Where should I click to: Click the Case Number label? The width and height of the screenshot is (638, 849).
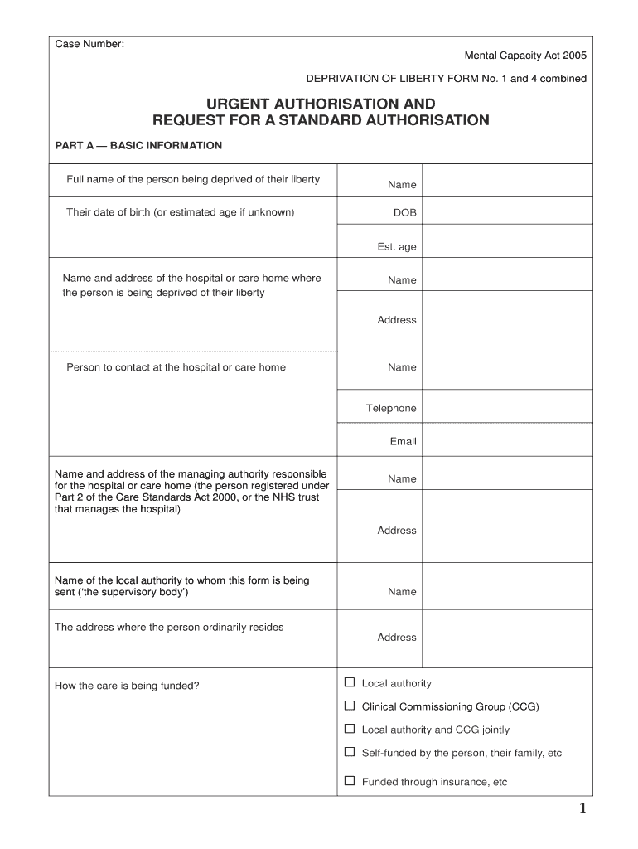pyautogui.click(x=89, y=43)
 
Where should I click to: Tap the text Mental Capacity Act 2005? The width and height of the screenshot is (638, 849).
pyautogui.click(x=525, y=56)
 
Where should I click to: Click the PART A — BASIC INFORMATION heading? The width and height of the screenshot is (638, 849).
pyautogui.click(x=138, y=145)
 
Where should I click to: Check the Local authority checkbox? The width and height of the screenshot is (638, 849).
pyautogui.click(x=350, y=682)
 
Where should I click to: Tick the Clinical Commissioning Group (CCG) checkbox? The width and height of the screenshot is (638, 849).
pyautogui.click(x=350, y=706)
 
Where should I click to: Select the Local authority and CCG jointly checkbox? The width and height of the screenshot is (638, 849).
pyautogui.click(x=350, y=729)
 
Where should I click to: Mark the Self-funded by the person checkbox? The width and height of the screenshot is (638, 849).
pyautogui.click(x=350, y=752)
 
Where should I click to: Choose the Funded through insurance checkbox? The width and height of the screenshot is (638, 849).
pyautogui.click(x=350, y=780)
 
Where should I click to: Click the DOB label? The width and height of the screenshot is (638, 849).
pyautogui.click(x=404, y=213)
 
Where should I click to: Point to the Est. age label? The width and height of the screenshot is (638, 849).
pyautogui.click(x=397, y=246)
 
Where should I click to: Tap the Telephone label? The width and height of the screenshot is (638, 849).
pyautogui.click(x=391, y=408)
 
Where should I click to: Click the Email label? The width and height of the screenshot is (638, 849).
pyautogui.click(x=403, y=441)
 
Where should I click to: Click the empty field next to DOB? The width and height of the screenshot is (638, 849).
pyautogui.click(x=507, y=212)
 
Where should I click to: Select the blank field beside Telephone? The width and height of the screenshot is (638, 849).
pyautogui.click(x=507, y=407)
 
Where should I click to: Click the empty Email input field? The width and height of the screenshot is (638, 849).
pyautogui.click(x=507, y=440)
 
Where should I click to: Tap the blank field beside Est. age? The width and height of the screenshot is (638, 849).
pyautogui.click(x=507, y=245)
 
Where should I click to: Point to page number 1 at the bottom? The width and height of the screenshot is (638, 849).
pyautogui.click(x=582, y=809)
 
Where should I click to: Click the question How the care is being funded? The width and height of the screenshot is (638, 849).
pyautogui.click(x=126, y=686)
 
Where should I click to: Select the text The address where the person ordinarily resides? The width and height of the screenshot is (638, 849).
pyautogui.click(x=169, y=627)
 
